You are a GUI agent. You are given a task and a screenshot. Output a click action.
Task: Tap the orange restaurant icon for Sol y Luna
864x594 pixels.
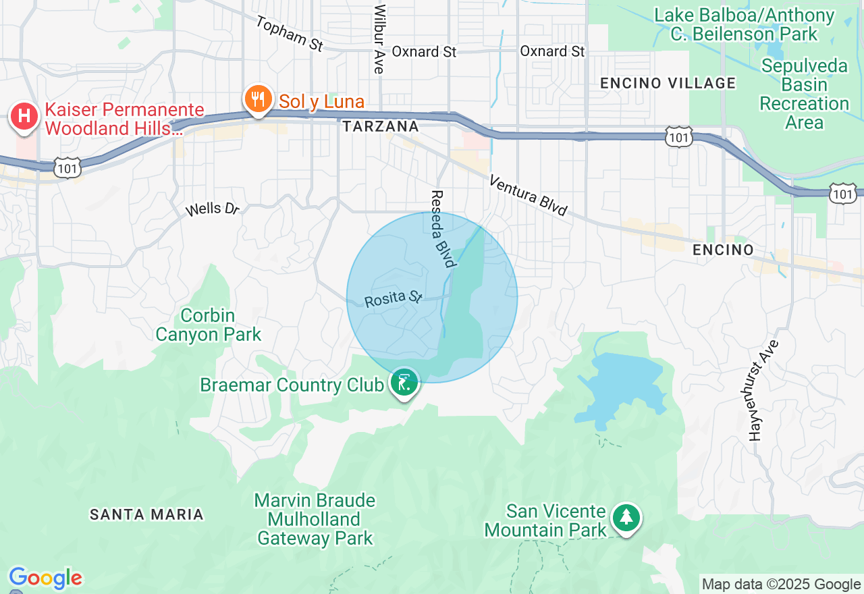pos(257,99)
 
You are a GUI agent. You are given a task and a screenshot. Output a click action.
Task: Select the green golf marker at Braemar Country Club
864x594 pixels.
pos(404,383)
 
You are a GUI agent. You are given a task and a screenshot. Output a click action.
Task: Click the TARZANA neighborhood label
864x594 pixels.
pos(380,126)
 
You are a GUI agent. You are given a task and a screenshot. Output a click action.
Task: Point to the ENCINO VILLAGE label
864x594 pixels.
pos(668,83)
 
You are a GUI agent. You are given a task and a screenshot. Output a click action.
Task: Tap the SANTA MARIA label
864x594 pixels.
pos(146,514)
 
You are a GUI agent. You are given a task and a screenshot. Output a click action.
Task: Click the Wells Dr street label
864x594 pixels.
pos(213,209)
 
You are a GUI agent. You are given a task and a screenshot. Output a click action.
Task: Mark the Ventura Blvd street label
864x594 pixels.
pos(528,195)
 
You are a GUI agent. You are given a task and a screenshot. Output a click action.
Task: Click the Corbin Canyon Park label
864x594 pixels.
pos(208,325)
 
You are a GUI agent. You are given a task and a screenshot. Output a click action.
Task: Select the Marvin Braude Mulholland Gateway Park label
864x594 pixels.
pos(315,519)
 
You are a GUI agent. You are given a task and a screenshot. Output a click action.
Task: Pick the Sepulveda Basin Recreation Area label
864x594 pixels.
pos(804,94)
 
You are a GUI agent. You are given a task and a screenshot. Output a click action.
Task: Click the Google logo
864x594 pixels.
pos(45,578)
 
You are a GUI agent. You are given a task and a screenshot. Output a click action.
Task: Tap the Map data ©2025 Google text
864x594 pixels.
pos(781,585)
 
